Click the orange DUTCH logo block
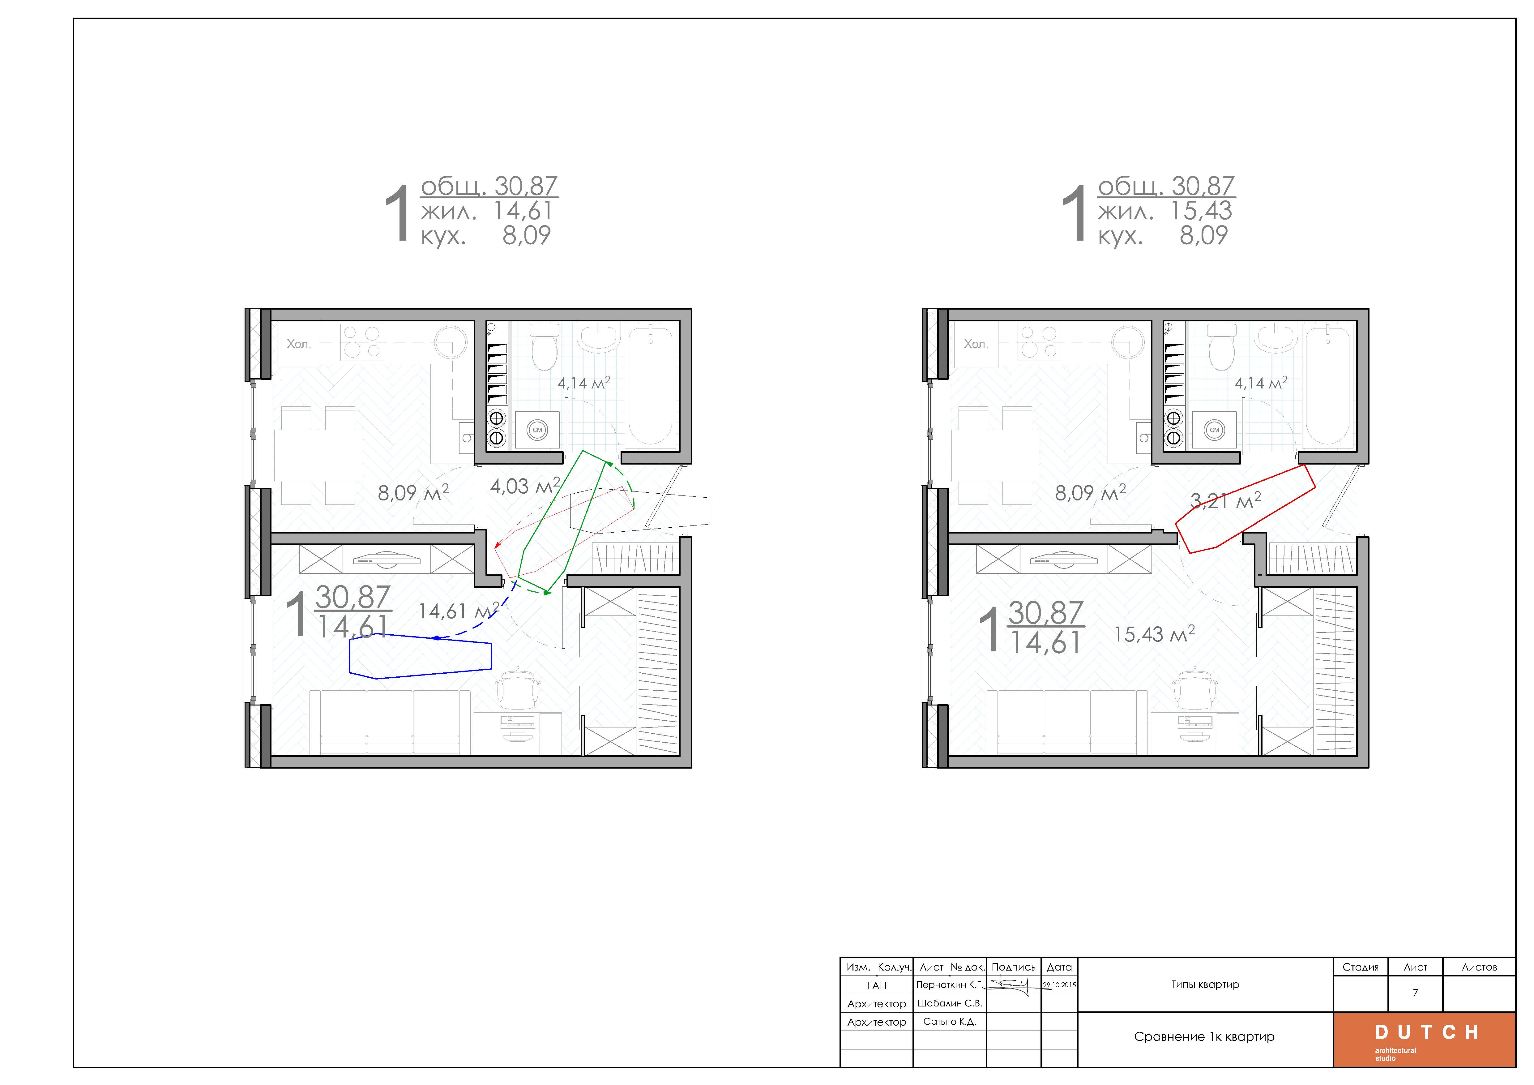(x=1425, y=1040)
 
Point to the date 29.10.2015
(x=1060, y=985)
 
